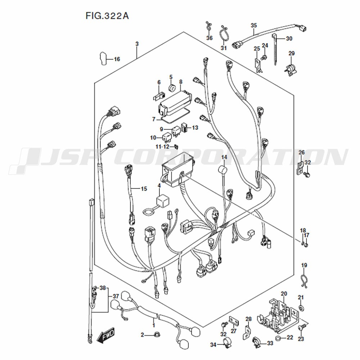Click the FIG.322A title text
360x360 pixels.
(x=107, y=16)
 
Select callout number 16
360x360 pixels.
(x=117, y=59)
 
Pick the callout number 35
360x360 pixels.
(x=254, y=25)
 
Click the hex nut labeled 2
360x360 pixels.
(x=157, y=335)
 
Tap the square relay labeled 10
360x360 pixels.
(x=167, y=137)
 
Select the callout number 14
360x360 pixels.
(x=224, y=157)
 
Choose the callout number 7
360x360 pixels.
(x=154, y=119)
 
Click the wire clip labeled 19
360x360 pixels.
(x=305, y=280)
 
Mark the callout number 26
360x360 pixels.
(x=301, y=152)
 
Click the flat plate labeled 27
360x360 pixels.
(x=234, y=321)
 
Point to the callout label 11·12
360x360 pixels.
(x=162, y=147)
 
